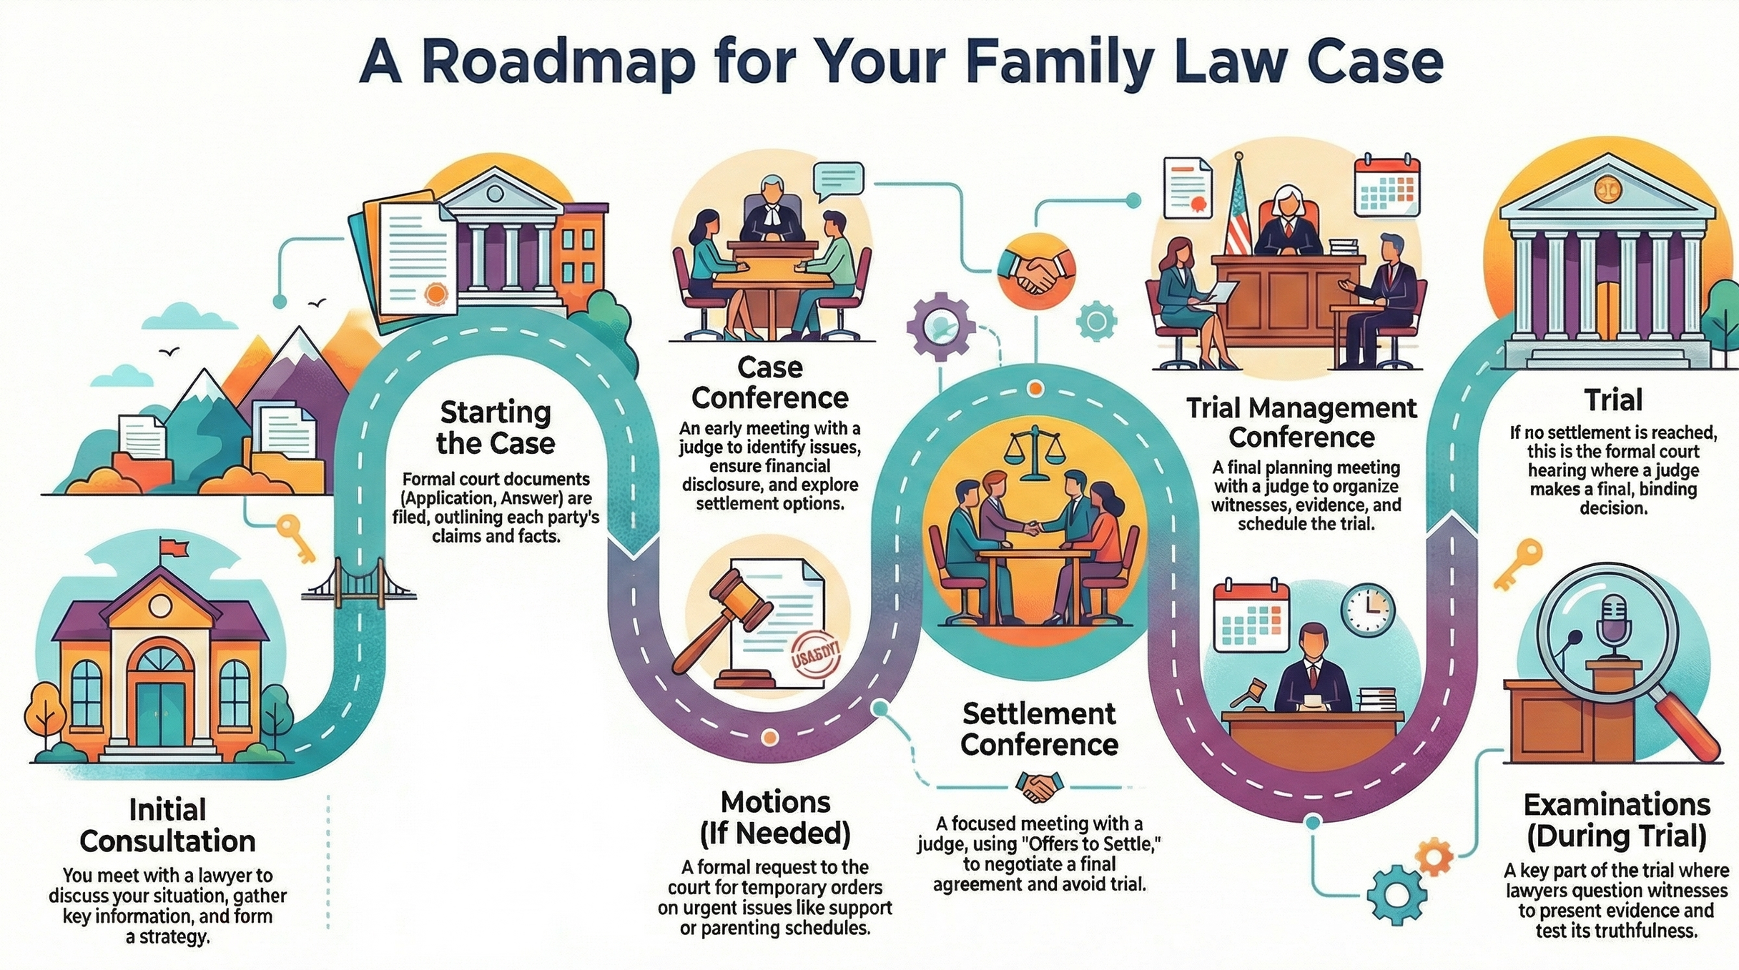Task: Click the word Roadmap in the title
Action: tap(558, 63)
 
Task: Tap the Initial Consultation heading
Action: tap(167, 826)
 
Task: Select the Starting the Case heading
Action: tap(496, 427)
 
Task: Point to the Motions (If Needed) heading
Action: tap(775, 817)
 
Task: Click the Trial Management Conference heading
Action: tap(1301, 422)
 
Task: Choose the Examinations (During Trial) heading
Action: tap(1616, 820)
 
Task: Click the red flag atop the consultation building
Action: tap(176, 548)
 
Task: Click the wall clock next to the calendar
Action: tap(1367, 610)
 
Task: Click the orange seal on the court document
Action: tap(435, 293)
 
